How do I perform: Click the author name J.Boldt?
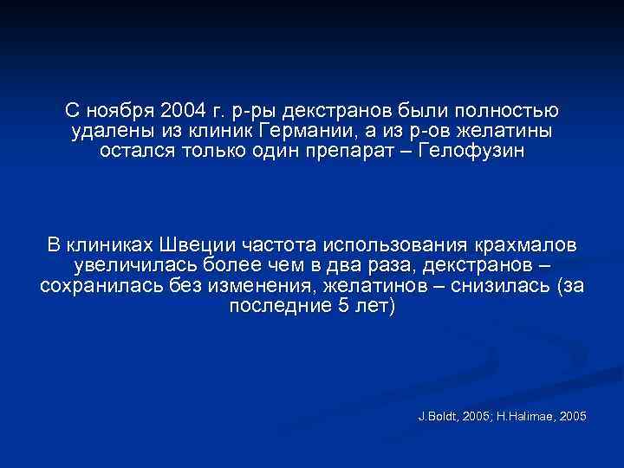(x=439, y=417)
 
